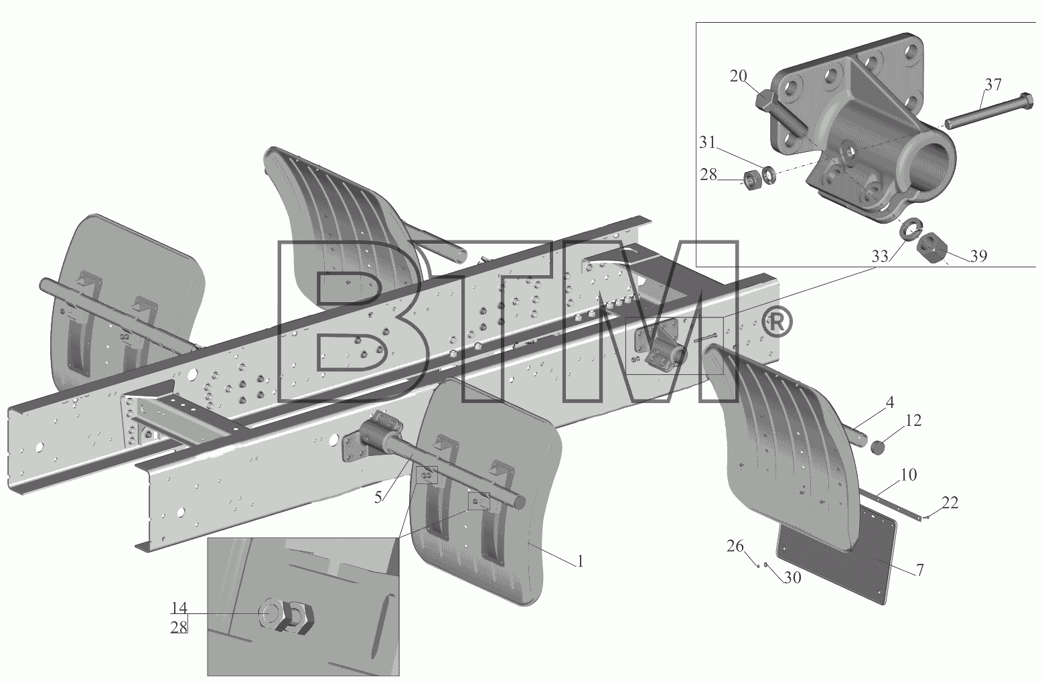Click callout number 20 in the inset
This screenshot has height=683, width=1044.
pyautogui.click(x=738, y=76)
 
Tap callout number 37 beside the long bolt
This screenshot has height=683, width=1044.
pyautogui.click(x=992, y=85)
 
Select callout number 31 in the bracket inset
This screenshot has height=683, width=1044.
pyautogui.click(x=707, y=143)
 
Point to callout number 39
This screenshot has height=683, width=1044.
pyautogui.click(x=979, y=256)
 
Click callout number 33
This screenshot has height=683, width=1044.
pyautogui.click(x=880, y=256)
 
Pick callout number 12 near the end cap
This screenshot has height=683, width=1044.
pyautogui.click(x=913, y=421)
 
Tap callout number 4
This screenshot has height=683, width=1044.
pyautogui.click(x=890, y=402)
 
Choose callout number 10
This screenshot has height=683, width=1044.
pyautogui.click(x=908, y=475)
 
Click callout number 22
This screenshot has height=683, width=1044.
pyautogui.click(x=950, y=503)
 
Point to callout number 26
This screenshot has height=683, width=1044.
pyautogui.click(x=735, y=546)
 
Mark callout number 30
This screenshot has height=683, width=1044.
pyautogui.click(x=792, y=578)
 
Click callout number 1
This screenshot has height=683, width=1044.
pyautogui.click(x=580, y=562)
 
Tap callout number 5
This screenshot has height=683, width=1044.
pyautogui.click(x=378, y=497)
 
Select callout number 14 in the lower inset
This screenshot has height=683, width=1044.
pyautogui.click(x=179, y=608)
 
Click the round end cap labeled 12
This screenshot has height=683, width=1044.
pyautogui.click(x=878, y=448)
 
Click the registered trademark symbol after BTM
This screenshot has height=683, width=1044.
pyautogui.click(x=776, y=322)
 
